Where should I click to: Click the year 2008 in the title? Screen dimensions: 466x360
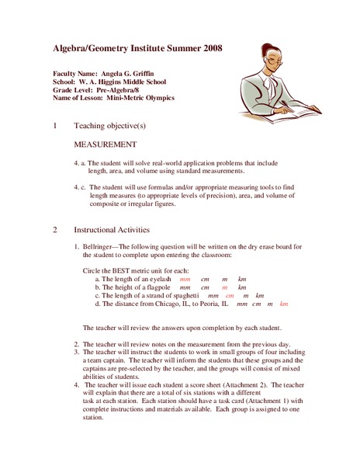coord(208,48)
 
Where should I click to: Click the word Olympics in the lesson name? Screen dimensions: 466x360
coord(158,98)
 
